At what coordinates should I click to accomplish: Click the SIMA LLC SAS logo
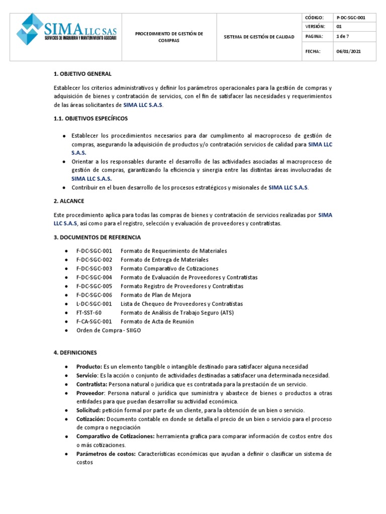[x=67, y=30]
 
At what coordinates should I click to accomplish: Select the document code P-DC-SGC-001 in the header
[x=351, y=17]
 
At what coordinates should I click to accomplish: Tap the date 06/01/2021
[x=348, y=51]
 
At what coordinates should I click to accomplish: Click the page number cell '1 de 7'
[x=344, y=36]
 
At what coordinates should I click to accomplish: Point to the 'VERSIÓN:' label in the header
[x=315, y=26]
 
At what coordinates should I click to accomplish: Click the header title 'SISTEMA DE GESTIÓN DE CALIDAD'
[x=259, y=37]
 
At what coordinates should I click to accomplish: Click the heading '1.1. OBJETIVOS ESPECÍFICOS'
[x=91, y=118]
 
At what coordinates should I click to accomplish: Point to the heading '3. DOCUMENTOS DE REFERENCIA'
[x=98, y=237]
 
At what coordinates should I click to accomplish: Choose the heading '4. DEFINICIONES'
[x=75, y=353]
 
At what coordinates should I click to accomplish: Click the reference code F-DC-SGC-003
[x=94, y=269]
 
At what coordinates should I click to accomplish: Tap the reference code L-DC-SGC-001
[x=94, y=304]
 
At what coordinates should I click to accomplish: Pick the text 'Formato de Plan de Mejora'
[x=156, y=295]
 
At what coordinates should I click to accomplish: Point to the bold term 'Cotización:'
[x=91, y=419]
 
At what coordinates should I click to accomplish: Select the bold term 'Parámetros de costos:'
[x=106, y=454]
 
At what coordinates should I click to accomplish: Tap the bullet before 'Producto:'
[x=66, y=367]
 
